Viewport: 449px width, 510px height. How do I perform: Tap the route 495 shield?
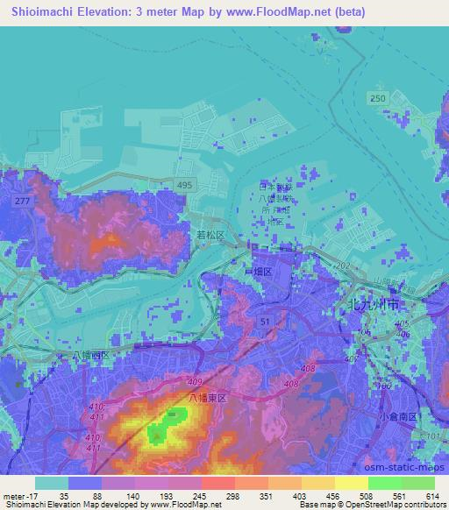(207, 185)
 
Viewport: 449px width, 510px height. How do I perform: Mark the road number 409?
(194, 382)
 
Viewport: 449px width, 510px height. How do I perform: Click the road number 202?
(339, 266)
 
